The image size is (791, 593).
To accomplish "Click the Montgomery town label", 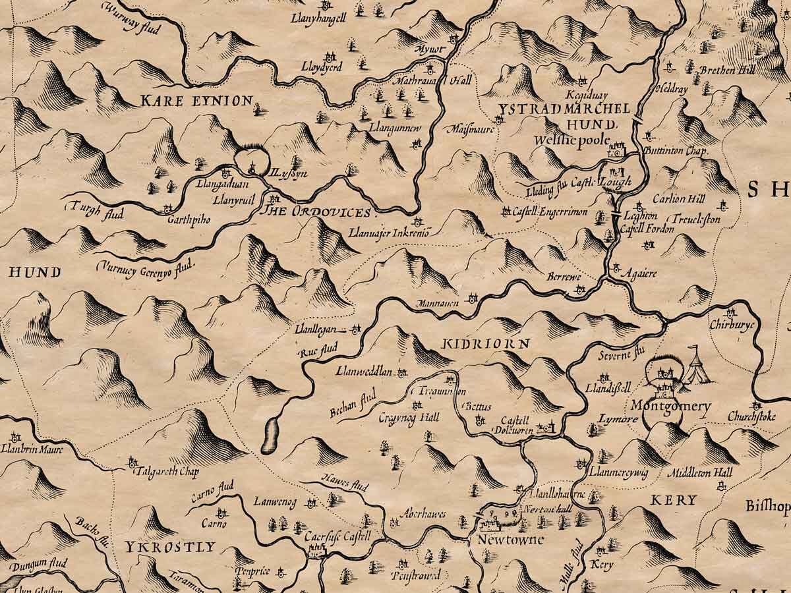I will tap(670, 407).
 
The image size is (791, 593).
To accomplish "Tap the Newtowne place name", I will tap(506, 540).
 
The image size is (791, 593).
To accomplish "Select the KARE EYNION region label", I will tap(196, 101).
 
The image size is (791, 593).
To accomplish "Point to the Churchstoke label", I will tap(751, 416).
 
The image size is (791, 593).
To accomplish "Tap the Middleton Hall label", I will tap(699, 473).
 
